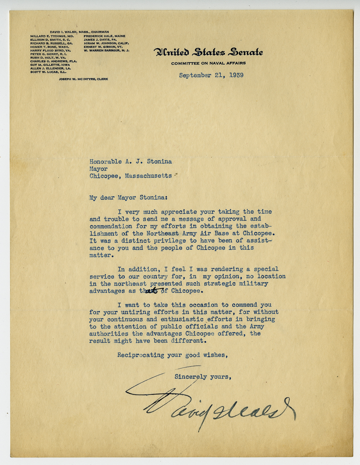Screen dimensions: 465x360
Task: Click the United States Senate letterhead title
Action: tap(208, 53)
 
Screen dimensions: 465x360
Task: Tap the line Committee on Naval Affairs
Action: tap(208, 63)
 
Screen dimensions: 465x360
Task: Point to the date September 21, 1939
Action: tap(211, 76)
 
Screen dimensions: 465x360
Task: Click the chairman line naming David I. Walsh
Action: tap(79, 32)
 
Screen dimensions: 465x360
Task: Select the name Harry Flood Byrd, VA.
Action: tap(50, 50)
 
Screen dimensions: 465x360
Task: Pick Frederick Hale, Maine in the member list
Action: tap(104, 36)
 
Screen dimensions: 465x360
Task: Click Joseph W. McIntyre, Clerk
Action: tap(83, 79)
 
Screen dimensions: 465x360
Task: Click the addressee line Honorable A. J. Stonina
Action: tap(130, 161)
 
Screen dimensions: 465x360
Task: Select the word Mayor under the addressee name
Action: tap(98, 169)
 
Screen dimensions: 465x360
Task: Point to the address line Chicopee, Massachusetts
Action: tap(130, 176)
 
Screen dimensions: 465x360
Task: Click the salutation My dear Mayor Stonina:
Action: tap(128, 197)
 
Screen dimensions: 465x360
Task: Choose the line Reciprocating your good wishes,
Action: tap(173, 355)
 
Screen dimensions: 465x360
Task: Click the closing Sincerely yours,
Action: tap(202, 377)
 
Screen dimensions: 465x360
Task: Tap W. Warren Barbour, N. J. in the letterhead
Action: tap(106, 50)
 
